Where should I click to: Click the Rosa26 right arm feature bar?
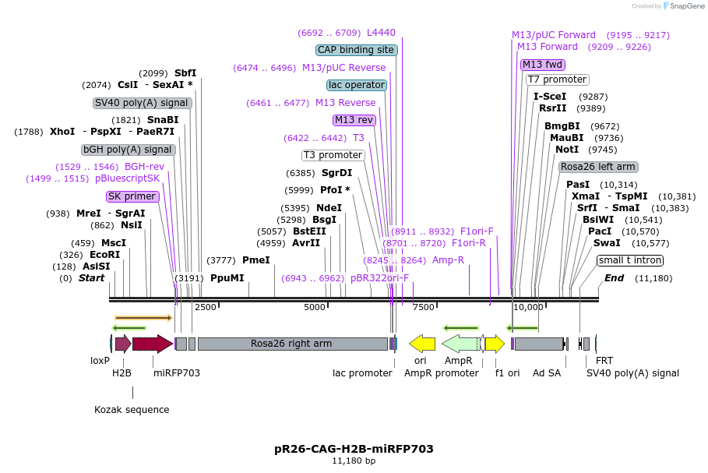click(x=291, y=344)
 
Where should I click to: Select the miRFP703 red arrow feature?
click(x=152, y=344)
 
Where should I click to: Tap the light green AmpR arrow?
click(x=460, y=344)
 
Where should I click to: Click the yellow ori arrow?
click(x=422, y=344)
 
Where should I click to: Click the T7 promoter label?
click(x=557, y=79)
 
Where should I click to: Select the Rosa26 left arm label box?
click(x=598, y=167)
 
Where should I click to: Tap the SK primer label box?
click(x=132, y=196)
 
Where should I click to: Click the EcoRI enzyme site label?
click(x=105, y=255)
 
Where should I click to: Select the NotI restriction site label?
click(x=567, y=150)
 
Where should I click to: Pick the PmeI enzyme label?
click(x=256, y=260)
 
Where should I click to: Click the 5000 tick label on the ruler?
click(x=314, y=307)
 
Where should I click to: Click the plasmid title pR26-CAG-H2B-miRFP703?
click(x=354, y=449)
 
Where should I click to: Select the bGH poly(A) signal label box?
click(x=129, y=150)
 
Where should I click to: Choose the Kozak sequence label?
click(x=132, y=409)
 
